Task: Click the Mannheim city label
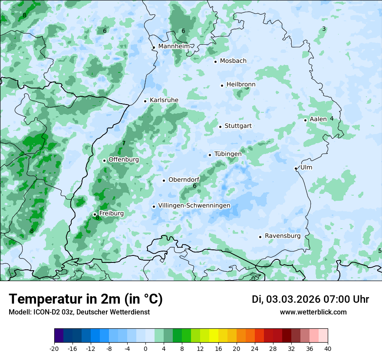tap(174, 46)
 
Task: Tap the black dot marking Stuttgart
tap(221, 127)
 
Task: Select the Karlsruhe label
tap(164, 100)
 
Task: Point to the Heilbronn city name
tap(240, 85)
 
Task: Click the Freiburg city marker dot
tap(95, 214)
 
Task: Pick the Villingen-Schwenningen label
tap(194, 206)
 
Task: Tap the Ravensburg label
tap(282, 236)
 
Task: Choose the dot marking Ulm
tap(296, 168)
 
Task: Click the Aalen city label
tap(318, 119)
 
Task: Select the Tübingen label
tap(227, 154)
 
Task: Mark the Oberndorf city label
tap(184, 180)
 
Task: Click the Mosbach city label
tap(233, 61)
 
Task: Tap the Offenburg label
tap(123, 160)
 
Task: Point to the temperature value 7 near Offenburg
tap(124, 143)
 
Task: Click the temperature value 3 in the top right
tap(324, 29)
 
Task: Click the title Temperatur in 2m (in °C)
tap(86, 299)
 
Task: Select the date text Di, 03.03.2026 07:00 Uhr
tap(310, 300)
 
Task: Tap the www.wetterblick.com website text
tap(313, 312)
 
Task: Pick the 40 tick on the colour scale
tap(328, 349)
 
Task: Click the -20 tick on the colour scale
tap(54, 349)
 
